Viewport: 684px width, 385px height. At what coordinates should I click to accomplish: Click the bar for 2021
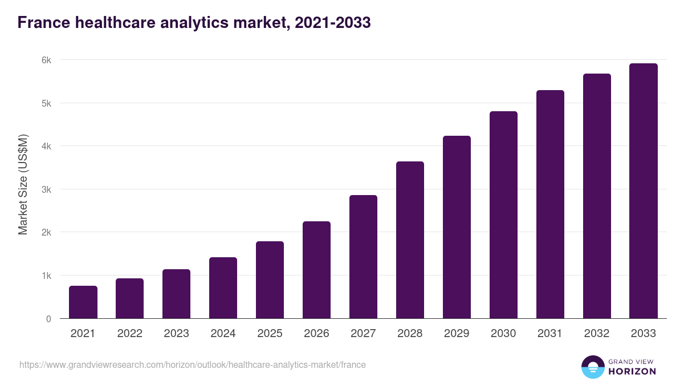click(83, 302)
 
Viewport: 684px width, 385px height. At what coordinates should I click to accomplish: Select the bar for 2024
click(223, 288)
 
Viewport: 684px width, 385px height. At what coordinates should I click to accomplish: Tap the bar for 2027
click(363, 257)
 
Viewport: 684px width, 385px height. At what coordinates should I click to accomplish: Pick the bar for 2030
click(503, 215)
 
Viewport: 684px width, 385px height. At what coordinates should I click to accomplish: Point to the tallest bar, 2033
click(644, 191)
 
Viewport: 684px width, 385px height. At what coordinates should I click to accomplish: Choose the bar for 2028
click(410, 240)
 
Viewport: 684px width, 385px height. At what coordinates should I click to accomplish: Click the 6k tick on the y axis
click(46, 60)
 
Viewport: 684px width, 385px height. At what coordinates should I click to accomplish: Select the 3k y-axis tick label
click(46, 189)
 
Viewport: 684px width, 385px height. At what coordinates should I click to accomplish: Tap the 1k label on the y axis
click(46, 275)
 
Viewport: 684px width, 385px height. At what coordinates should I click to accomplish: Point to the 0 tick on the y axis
click(48, 319)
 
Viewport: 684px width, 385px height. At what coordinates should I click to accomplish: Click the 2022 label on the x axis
click(129, 334)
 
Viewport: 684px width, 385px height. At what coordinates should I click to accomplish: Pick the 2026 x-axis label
click(316, 334)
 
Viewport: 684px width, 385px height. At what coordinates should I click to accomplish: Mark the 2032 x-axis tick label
click(597, 334)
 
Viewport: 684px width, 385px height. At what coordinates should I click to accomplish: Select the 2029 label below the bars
click(457, 334)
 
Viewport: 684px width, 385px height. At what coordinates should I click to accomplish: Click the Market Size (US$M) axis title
click(23, 184)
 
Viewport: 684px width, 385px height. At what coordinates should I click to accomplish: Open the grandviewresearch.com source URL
click(193, 364)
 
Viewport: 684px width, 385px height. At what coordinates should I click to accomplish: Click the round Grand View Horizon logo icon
click(593, 367)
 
